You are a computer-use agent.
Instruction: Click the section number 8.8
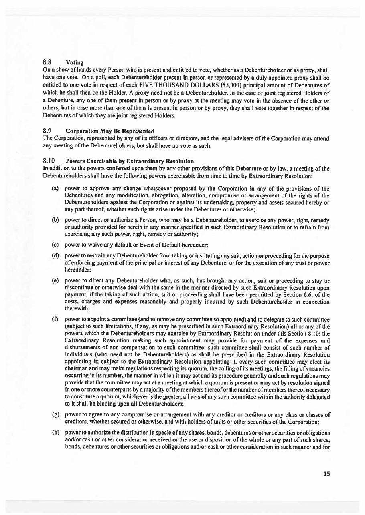point(48,62)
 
